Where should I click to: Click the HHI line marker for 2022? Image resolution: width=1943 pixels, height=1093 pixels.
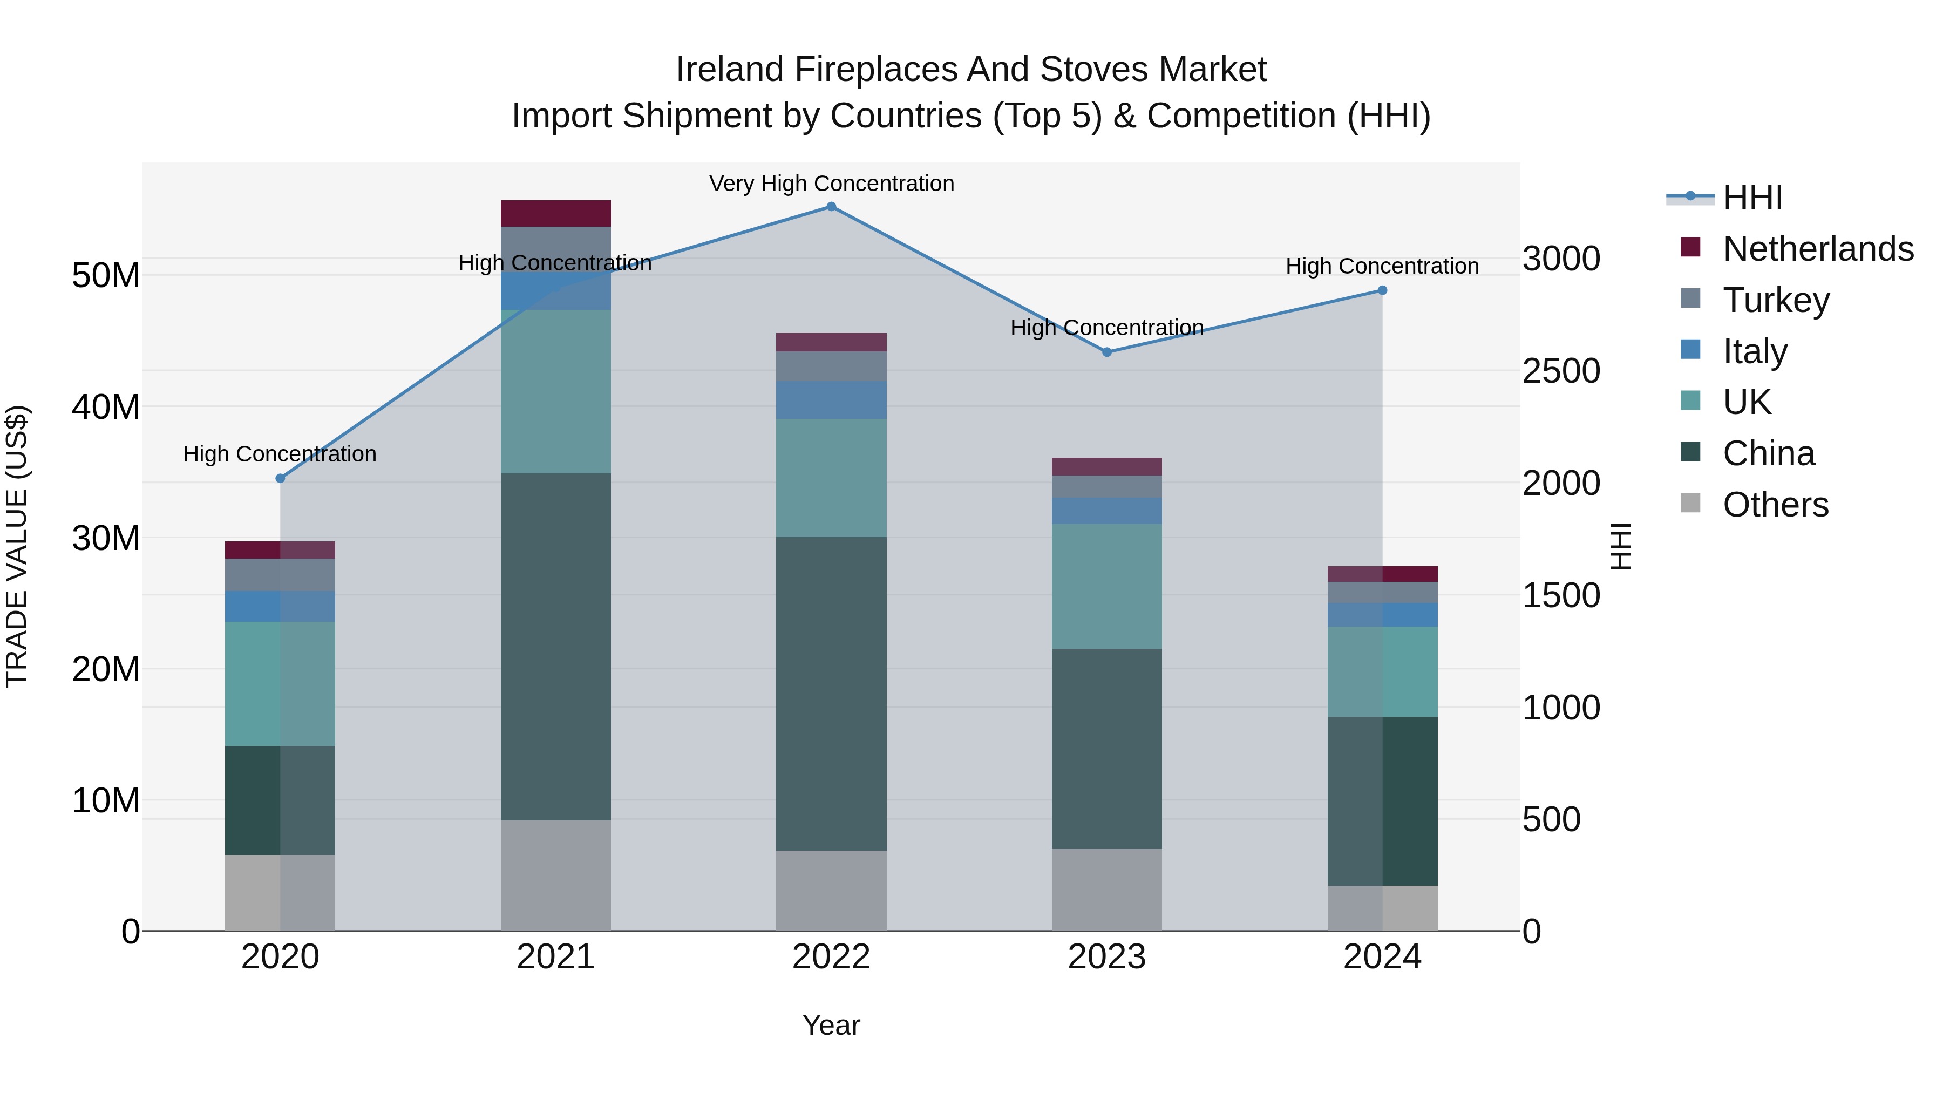coord(831,207)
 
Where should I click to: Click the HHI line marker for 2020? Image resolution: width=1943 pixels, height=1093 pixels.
coord(280,478)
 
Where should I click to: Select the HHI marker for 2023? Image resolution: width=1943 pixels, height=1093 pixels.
coord(1106,352)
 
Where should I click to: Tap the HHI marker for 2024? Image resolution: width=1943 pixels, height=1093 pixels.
coord(1382,290)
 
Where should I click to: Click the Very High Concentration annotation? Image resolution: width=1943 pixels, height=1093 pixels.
coord(831,184)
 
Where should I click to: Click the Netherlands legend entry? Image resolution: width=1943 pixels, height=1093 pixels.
coord(1818,249)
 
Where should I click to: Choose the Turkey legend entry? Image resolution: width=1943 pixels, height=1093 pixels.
coord(1776,300)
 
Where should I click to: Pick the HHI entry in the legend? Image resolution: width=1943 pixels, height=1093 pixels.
coord(1752,198)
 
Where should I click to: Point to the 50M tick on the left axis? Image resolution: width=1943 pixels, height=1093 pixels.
coord(106,276)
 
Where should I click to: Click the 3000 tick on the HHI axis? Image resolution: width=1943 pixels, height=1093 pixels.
coord(1560,259)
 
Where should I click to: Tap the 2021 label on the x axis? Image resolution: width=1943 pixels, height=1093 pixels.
coord(555,957)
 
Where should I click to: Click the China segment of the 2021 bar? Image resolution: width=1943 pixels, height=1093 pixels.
coord(555,647)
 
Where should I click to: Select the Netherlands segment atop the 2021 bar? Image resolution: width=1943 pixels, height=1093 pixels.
coord(555,213)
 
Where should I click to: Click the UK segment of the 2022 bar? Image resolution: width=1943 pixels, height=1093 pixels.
coord(831,478)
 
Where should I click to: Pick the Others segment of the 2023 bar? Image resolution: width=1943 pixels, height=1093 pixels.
coord(1106,890)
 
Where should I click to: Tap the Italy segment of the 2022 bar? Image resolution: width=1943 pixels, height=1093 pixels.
coord(831,400)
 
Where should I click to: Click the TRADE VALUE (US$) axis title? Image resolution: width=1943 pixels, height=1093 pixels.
coord(17,546)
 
